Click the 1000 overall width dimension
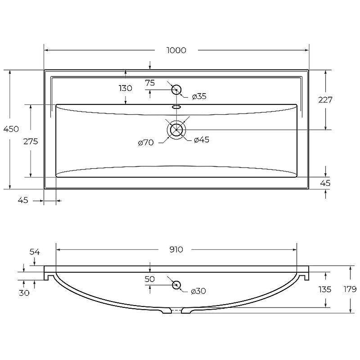[x=176, y=50]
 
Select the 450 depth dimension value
[x=11, y=129]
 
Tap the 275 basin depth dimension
[x=31, y=141]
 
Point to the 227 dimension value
[x=325, y=99]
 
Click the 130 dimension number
[x=126, y=88]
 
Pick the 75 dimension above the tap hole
[x=150, y=83]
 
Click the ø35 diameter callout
[x=199, y=96]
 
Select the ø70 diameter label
[x=146, y=143]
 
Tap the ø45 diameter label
[x=202, y=140]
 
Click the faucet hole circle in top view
[x=176, y=90]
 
